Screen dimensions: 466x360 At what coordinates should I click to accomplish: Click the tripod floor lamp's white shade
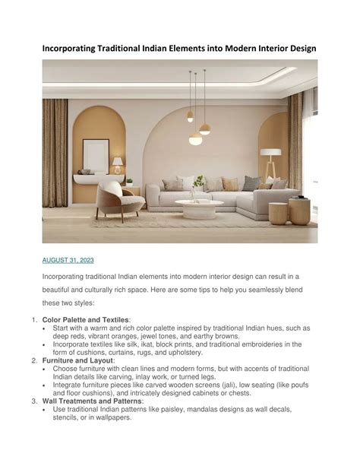[271, 151]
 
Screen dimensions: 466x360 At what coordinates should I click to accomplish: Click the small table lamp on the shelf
[118, 163]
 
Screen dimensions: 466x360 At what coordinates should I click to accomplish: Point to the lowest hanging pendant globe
[195, 138]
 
